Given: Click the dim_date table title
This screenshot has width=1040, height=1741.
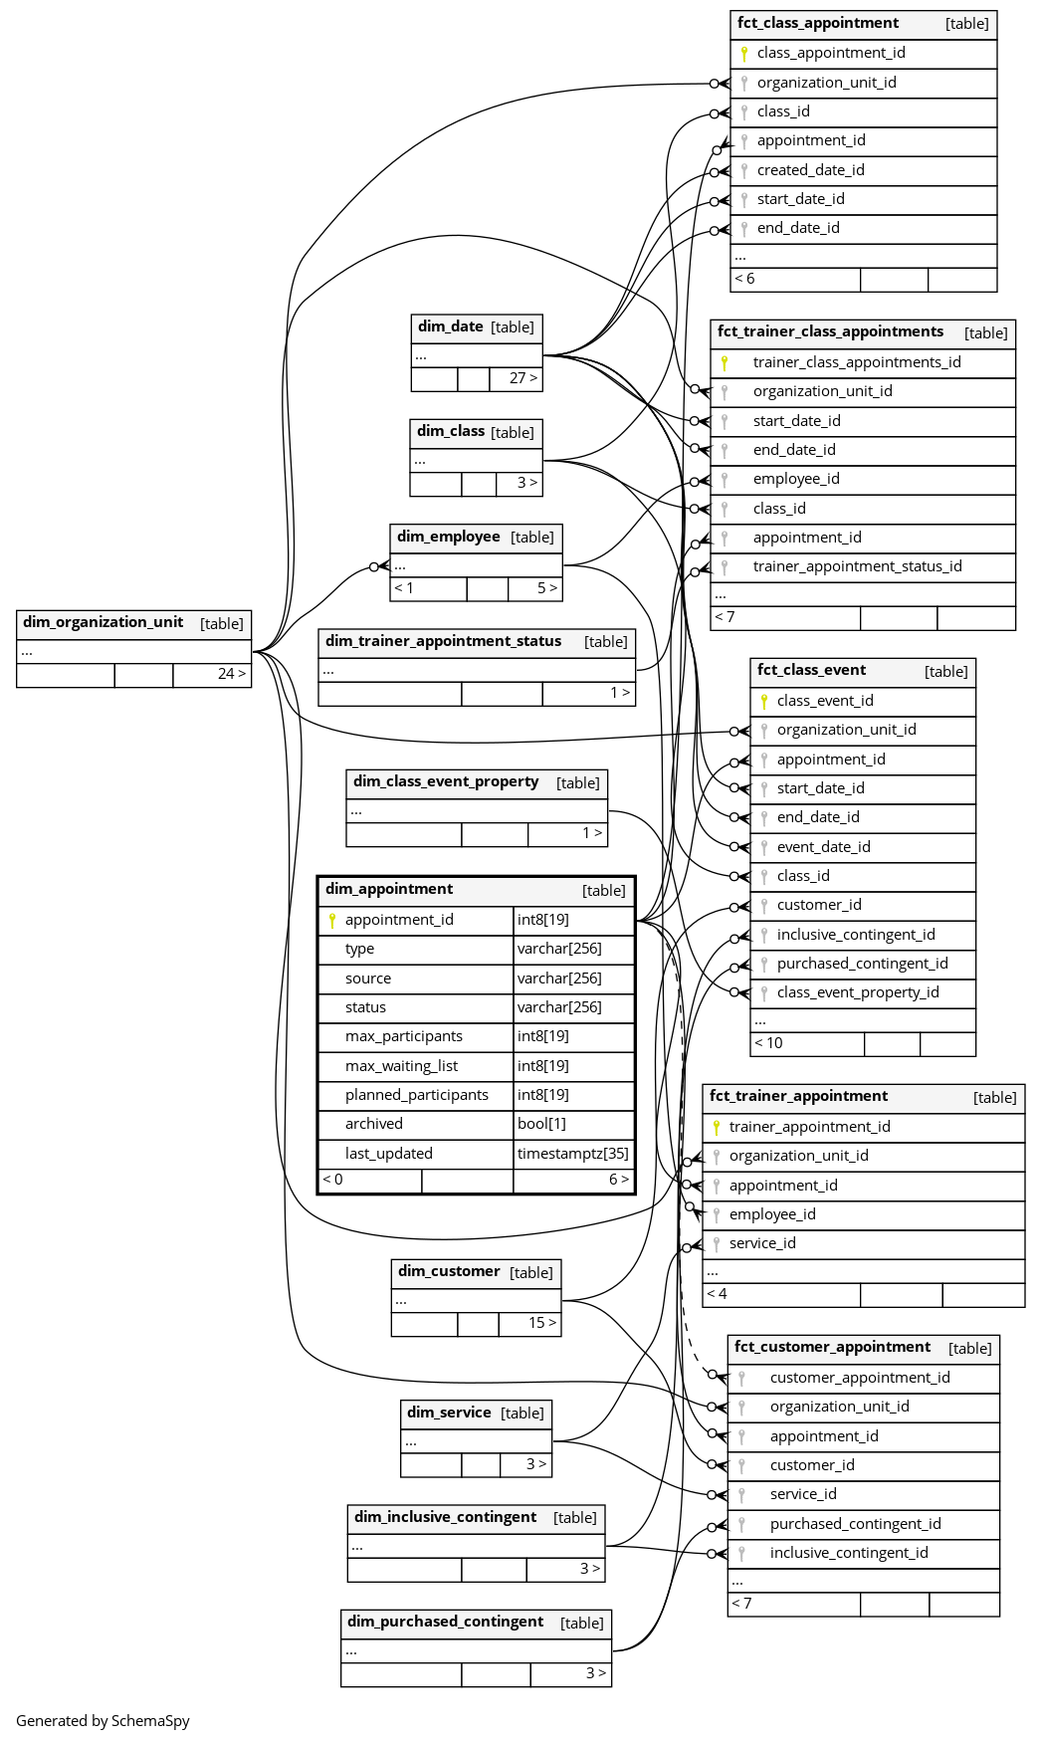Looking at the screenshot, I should coord(451,326).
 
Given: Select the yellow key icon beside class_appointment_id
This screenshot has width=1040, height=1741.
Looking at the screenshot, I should coord(743,54).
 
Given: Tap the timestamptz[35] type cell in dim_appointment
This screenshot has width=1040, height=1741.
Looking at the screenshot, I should coord(573,1154).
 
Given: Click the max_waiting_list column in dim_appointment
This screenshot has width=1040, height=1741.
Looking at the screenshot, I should coord(401,1066).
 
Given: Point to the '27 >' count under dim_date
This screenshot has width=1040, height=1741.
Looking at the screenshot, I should coord(522,378).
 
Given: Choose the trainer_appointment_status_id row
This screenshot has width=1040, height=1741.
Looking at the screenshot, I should coord(857,566).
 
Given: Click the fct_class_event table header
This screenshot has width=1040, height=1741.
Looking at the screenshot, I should coord(811,670).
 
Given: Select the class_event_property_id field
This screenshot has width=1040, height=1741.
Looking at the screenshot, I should coord(858,992).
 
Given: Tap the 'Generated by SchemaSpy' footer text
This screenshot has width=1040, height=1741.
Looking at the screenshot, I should coord(103,1721).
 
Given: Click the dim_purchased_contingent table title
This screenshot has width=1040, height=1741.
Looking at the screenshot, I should coord(445,1622).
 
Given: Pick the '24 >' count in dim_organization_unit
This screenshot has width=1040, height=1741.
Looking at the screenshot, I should coord(231,674).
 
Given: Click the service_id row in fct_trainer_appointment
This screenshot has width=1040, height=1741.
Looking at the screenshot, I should coord(762,1243).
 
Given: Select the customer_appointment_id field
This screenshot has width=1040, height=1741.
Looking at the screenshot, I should coord(860,1378).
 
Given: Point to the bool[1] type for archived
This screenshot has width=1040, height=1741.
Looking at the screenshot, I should coord(541,1124).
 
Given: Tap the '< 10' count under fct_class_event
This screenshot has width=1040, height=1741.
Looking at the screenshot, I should coord(769,1043).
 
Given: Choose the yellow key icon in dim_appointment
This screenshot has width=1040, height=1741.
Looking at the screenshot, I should coord(332,921).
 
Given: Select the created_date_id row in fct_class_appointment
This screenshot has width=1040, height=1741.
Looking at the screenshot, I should coord(810,170).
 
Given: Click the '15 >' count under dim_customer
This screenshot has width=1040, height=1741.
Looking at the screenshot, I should coord(541,1323).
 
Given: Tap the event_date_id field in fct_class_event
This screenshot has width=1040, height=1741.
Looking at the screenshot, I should coord(823,847).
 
